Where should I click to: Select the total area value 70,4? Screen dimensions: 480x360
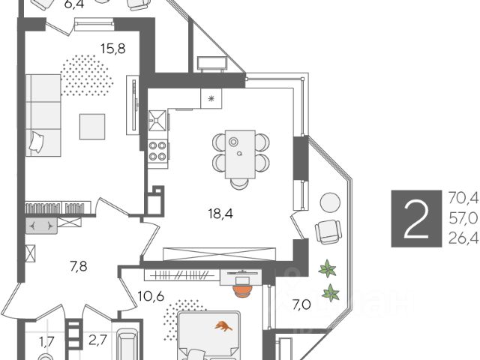tap(463, 199)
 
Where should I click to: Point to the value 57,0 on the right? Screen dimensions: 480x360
tap(463, 220)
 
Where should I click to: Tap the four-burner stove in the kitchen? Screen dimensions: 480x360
tap(157, 151)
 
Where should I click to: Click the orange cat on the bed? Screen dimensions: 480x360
tap(223, 326)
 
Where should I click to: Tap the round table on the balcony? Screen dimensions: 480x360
tap(329, 202)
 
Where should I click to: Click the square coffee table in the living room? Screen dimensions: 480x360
tap(93, 126)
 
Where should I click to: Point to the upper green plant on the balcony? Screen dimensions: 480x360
tap(327, 267)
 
